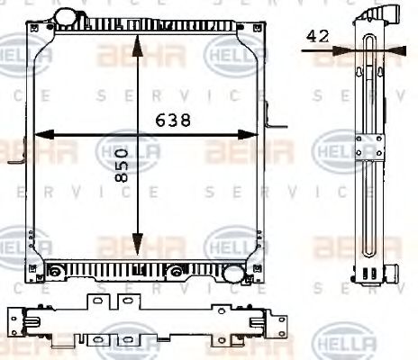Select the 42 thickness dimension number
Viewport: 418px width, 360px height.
[x=317, y=36]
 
